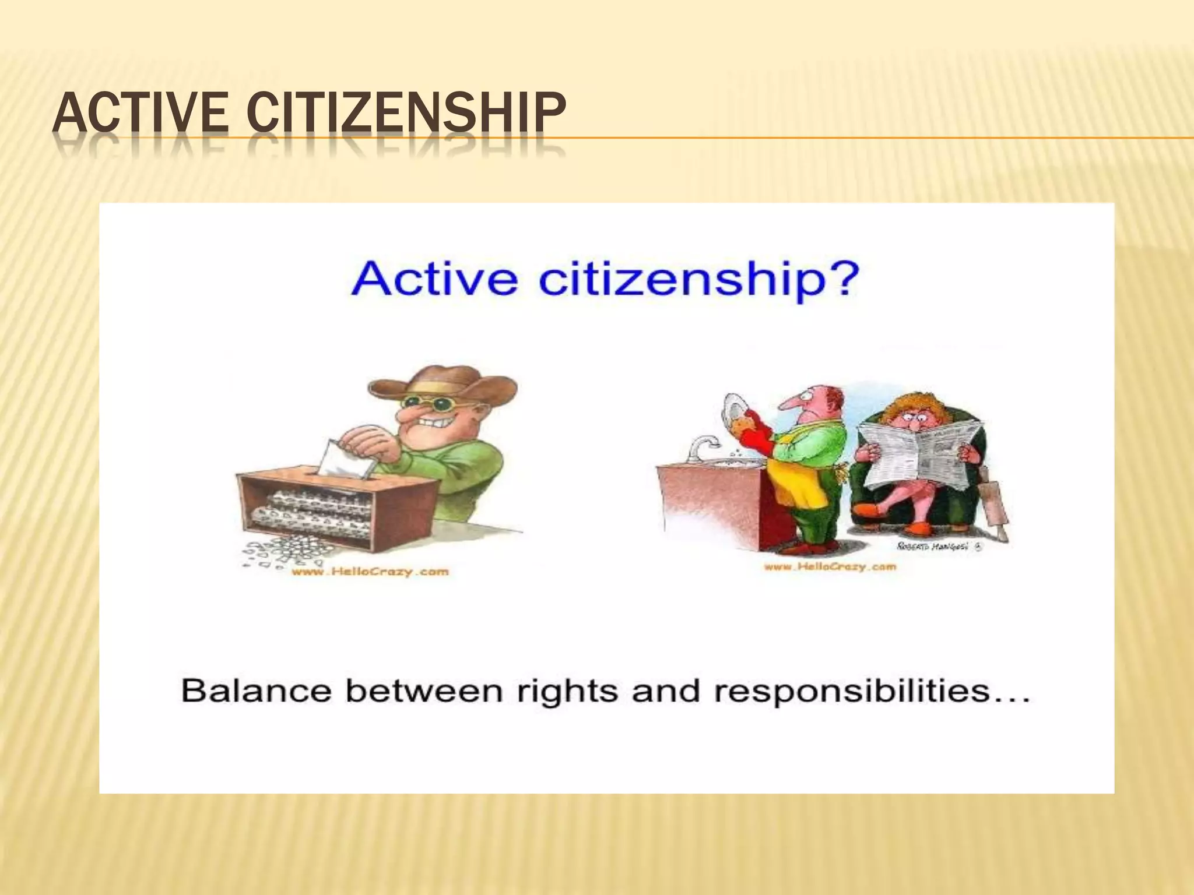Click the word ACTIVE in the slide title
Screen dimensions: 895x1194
coord(140,113)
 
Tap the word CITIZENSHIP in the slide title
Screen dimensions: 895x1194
coord(406,113)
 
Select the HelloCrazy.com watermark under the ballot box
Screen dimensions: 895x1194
coord(370,572)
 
